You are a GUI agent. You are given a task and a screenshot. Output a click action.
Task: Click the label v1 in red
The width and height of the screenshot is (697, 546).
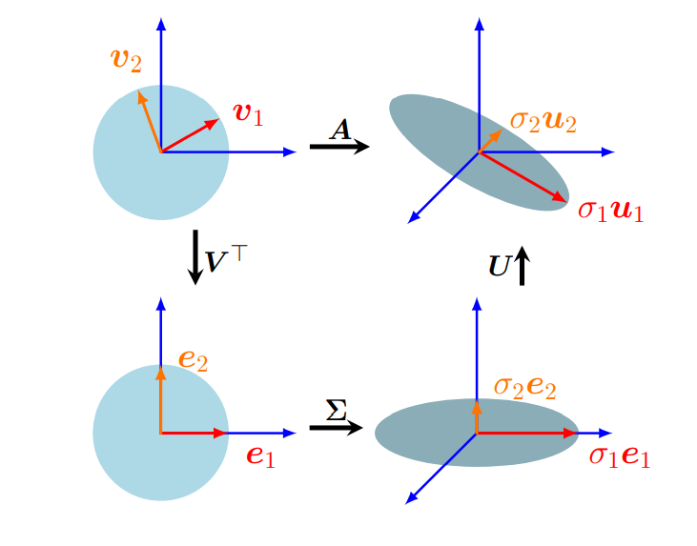point(248,114)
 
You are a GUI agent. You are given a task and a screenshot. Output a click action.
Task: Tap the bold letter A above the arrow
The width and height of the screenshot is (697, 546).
point(340,130)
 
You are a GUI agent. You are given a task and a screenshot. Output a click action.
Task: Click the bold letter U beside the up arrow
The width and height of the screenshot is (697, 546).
point(500,267)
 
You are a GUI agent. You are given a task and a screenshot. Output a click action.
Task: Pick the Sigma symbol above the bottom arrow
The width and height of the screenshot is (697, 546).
point(336,410)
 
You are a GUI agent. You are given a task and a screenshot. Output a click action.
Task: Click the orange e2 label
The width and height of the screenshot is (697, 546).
point(193,359)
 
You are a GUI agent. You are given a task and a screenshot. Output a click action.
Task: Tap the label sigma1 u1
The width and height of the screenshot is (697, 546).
point(610,209)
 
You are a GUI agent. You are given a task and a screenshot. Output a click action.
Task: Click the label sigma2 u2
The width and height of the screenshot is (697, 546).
point(543,121)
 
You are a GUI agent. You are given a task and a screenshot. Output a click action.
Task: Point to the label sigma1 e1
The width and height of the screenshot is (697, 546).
point(619,455)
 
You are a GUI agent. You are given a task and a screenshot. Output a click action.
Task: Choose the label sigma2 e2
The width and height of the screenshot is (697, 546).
point(524,386)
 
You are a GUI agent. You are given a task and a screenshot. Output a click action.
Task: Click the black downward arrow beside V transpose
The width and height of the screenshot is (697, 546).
point(195,257)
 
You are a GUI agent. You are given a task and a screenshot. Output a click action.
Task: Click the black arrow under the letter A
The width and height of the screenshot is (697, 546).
point(339,147)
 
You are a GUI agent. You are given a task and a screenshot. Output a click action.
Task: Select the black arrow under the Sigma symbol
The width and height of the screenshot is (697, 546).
point(336,428)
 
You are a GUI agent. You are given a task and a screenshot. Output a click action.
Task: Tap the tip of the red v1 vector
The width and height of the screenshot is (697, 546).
point(220,120)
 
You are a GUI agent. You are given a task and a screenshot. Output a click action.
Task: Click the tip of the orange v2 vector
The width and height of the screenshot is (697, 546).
point(139,92)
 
